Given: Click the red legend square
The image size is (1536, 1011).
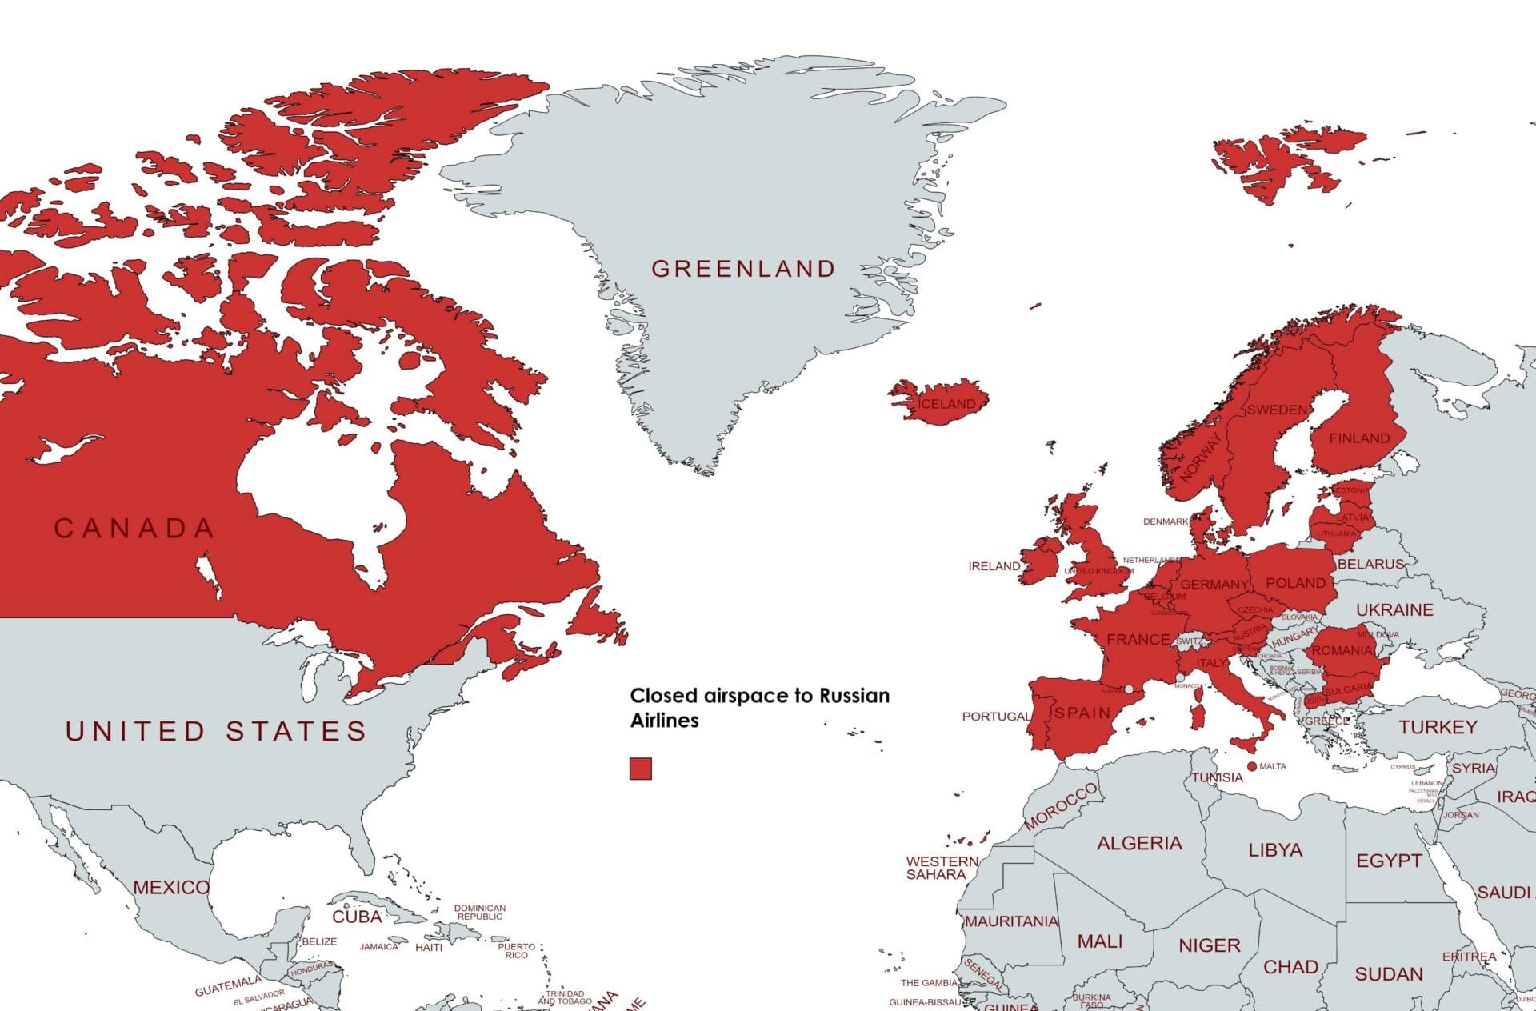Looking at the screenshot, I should pos(640,769).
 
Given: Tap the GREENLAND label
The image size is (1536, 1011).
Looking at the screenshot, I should pos(743,269).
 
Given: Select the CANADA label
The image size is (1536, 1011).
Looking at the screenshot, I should pos(134,529).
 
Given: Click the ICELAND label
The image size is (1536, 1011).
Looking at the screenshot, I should pos(946,404).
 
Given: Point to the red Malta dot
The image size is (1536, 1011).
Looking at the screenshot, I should pos(1252,766).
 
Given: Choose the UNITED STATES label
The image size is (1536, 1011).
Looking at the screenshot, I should pos(216,731).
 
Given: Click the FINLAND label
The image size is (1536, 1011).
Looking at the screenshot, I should pos(1359,438).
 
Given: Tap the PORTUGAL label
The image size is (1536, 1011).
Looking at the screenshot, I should pos(995,717).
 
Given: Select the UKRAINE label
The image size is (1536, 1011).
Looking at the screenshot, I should pos(1394,610).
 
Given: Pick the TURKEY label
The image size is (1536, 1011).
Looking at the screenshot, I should pos(1438,727).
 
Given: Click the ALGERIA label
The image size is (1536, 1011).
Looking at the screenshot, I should pos(1139,843).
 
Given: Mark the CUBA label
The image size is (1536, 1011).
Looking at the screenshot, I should pos(357,917).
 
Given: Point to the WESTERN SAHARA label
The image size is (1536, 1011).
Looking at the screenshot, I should pos(941,868).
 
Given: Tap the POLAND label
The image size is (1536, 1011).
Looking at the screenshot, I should pos(1295,583).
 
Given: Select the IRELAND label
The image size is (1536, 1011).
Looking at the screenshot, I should pos(994,566).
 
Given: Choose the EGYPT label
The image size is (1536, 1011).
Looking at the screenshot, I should pos(1389,861).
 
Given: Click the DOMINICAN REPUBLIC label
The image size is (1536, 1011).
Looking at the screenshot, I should pos(480,913).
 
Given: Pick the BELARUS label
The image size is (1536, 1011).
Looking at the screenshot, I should pos(1370,564).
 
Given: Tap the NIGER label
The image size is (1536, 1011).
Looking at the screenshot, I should pos(1209,946).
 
